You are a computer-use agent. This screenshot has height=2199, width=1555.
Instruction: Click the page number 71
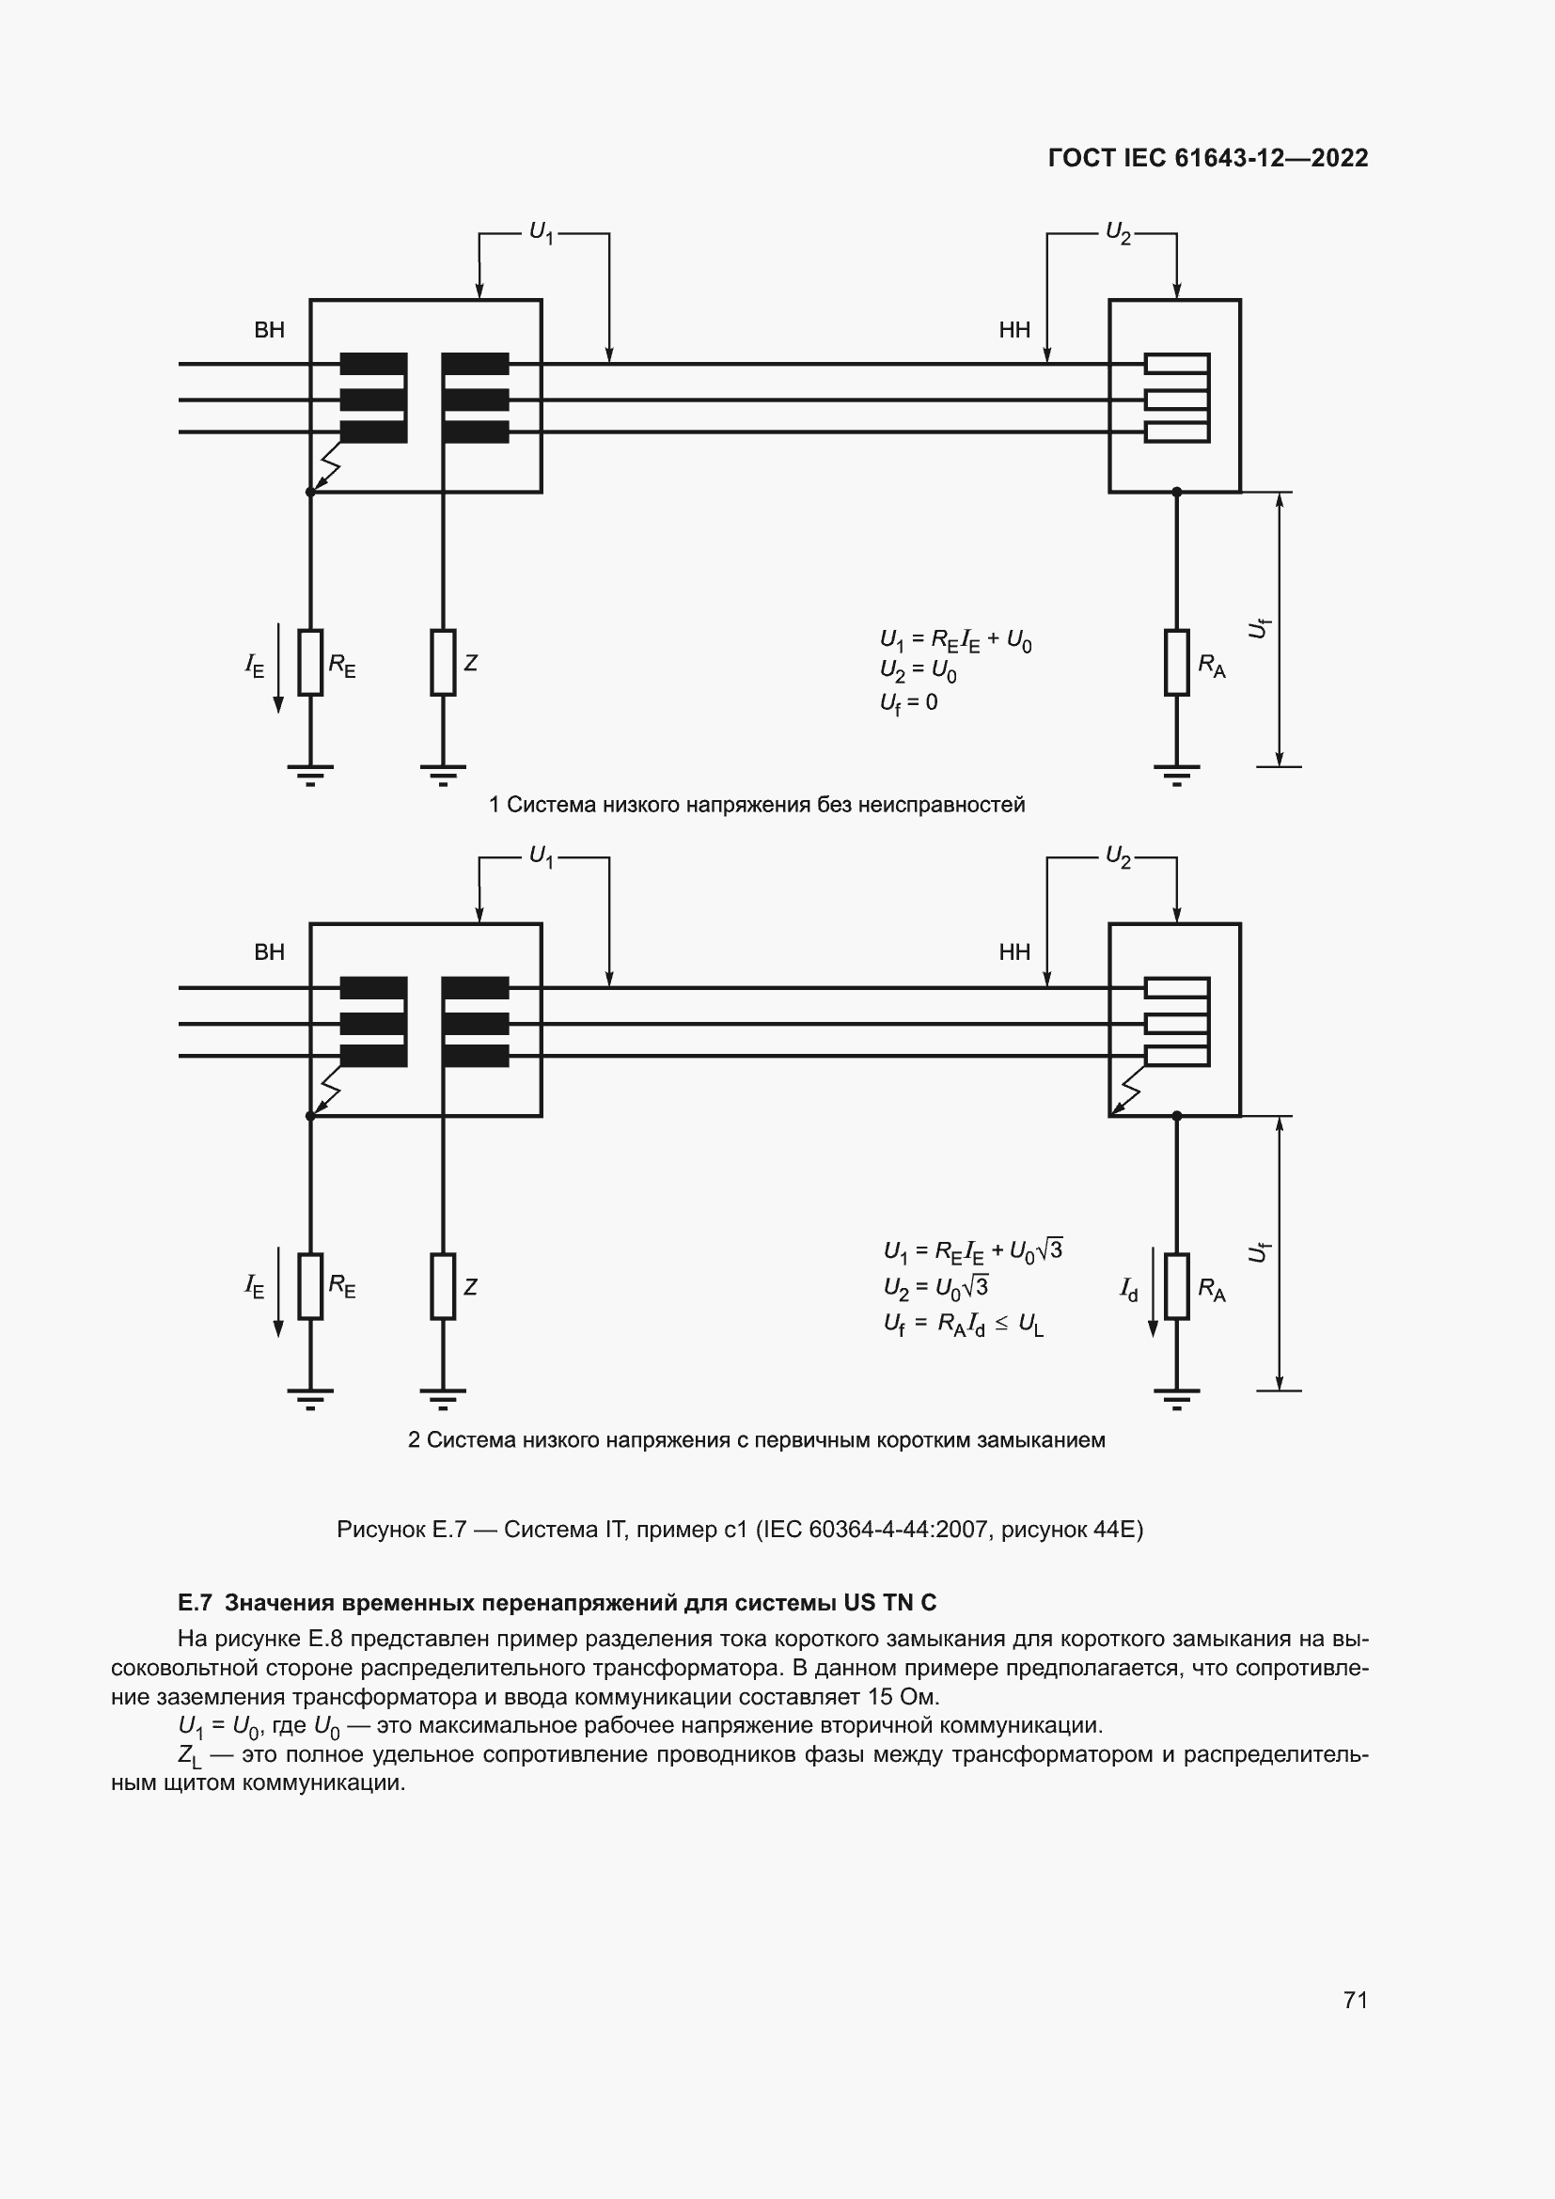tap(1355, 1999)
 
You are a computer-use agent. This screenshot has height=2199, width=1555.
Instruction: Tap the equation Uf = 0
tap(909, 703)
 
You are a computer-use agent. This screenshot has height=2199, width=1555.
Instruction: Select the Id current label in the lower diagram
tap(1130, 1289)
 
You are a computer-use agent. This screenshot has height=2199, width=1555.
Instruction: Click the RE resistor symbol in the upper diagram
tap(310, 662)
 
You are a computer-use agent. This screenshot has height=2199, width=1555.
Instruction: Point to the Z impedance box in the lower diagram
tap(443, 1285)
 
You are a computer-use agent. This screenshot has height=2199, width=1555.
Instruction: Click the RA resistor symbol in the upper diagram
tap(1177, 662)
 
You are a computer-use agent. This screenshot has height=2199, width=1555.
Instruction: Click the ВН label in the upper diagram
tap(269, 330)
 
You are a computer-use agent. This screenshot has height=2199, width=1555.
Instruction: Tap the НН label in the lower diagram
tap(1014, 952)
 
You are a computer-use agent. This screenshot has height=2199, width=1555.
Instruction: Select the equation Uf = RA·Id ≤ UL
tap(964, 1325)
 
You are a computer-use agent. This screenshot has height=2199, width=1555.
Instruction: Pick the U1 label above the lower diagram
tap(542, 856)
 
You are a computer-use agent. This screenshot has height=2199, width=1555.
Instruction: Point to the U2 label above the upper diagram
tap(1119, 233)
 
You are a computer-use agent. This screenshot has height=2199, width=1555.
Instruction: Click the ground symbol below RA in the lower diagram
tap(1177, 1399)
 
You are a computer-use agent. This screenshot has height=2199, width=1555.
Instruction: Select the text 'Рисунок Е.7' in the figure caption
tap(401, 1530)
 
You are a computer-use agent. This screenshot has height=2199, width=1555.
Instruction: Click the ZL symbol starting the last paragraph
tap(189, 1755)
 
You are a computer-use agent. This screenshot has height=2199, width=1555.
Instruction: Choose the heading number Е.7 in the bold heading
tap(195, 1602)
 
